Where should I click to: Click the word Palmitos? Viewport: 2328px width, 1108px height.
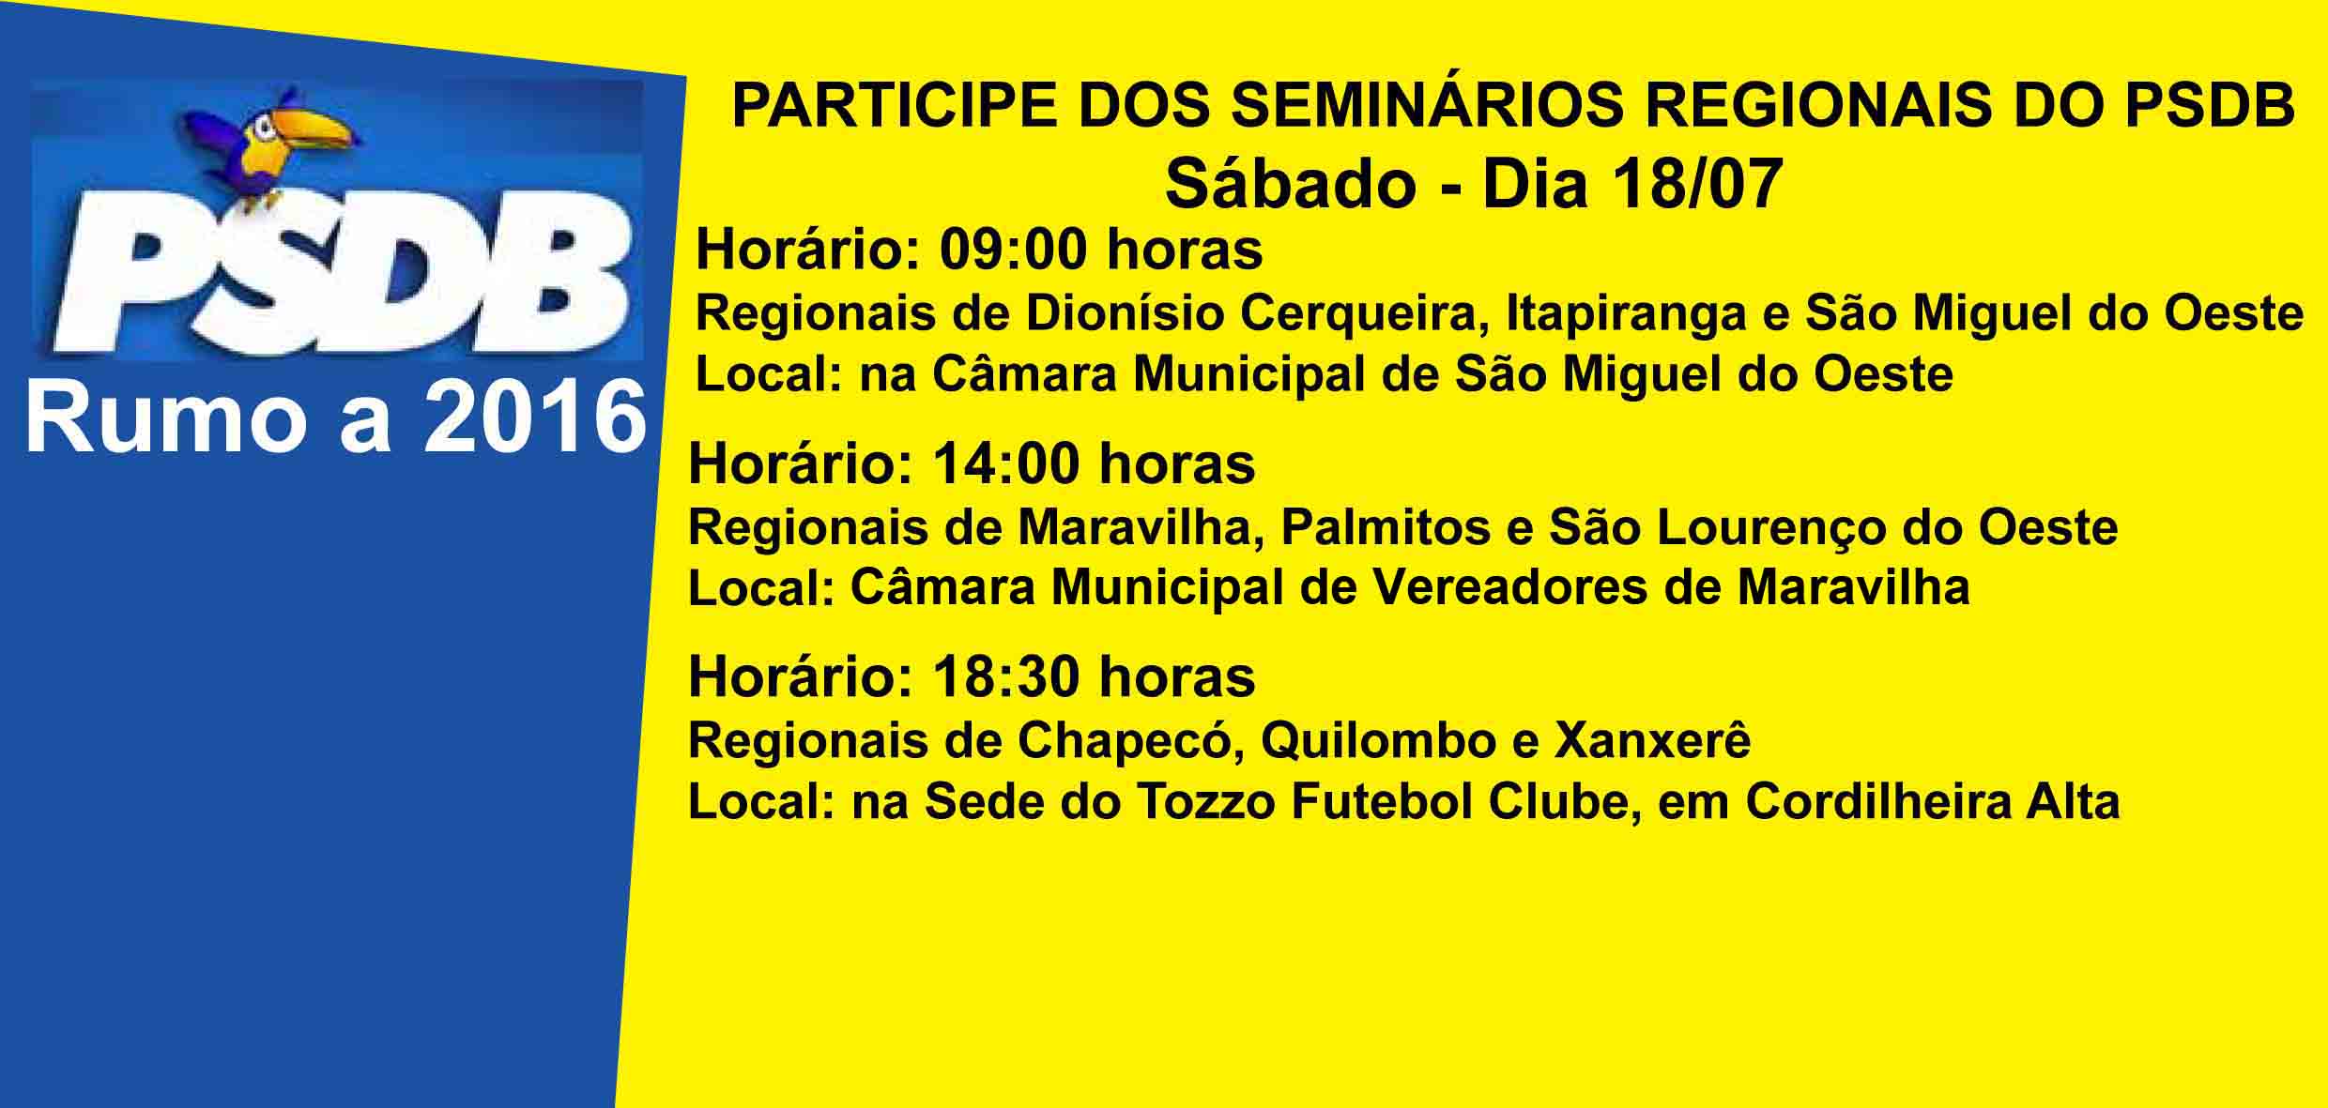pos(1385,528)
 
